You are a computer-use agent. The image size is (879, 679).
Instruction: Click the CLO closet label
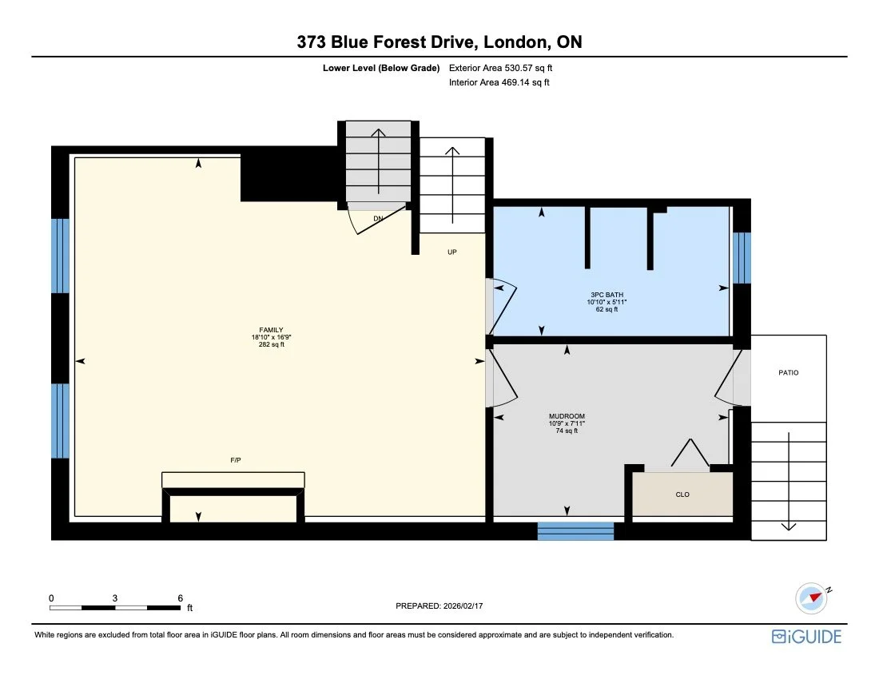coord(682,494)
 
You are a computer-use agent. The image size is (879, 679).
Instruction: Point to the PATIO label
coord(788,373)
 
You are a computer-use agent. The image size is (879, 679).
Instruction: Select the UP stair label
coord(451,252)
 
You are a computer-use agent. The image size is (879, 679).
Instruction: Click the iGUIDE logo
coord(806,636)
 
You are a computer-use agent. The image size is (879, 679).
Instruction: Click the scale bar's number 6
coord(181,598)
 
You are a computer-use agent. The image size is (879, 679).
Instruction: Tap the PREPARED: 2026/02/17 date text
coord(439,606)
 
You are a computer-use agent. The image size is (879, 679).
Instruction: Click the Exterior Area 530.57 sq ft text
coord(499,69)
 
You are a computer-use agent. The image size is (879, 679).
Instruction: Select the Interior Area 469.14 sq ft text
coord(499,82)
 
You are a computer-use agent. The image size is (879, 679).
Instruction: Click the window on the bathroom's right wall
coord(742,258)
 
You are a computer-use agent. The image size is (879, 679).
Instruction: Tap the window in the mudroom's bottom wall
coord(575,530)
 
